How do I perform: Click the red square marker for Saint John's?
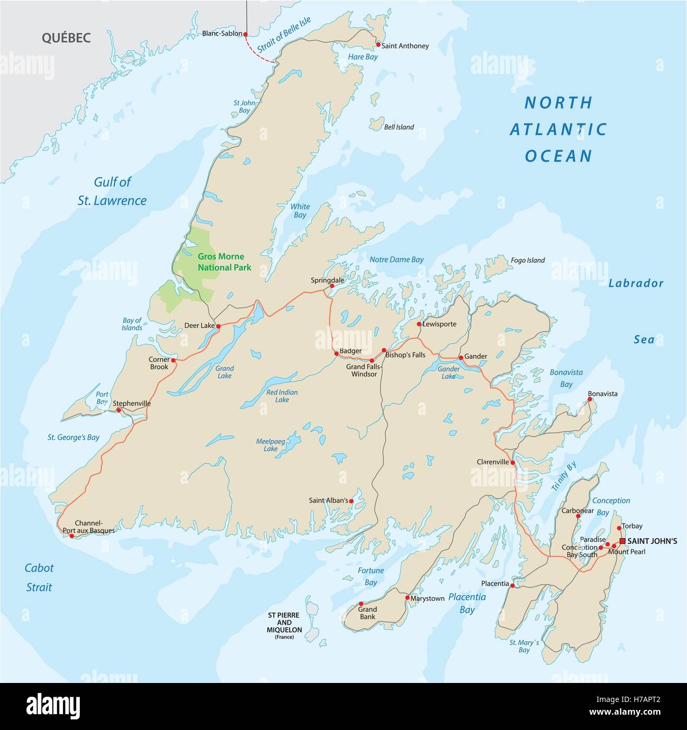[x=622, y=541]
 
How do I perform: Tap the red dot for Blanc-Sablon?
[x=245, y=34]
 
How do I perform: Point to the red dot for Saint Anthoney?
[x=378, y=45]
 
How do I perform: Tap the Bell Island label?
[x=399, y=127]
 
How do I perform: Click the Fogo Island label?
[x=527, y=260]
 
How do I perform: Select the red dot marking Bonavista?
[x=590, y=400]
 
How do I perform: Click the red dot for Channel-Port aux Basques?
[x=72, y=535]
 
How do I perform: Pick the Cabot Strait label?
[x=39, y=577]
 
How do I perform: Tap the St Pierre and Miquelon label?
[x=284, y=626]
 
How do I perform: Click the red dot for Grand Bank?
[x=361, y=603]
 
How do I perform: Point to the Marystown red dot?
[x=407, y=598]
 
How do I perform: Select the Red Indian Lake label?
[x=282, y=396]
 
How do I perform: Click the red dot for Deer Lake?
[x=218, y=326]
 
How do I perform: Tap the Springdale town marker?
[x=332, y=286]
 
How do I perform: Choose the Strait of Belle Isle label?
[x=283, y=35]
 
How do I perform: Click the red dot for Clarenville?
[x=512, y=462]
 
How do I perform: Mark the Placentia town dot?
[x=512, y=585]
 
